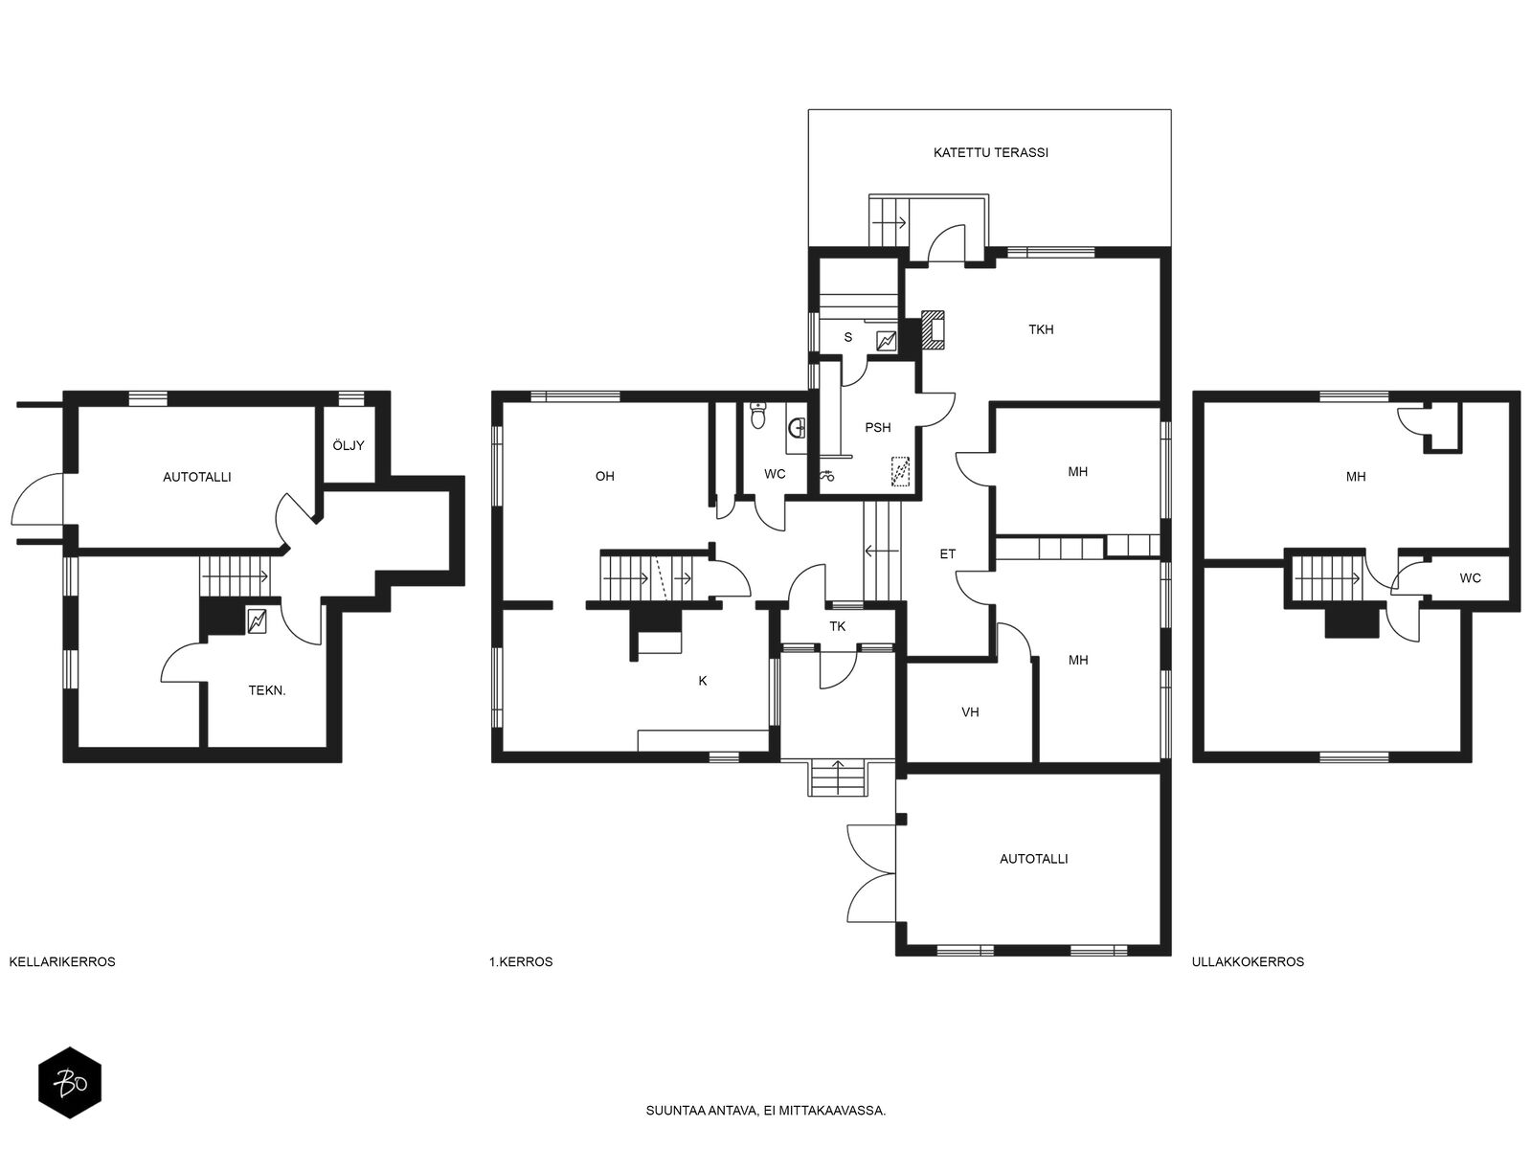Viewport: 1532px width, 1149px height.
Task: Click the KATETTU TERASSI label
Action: pos(990,153)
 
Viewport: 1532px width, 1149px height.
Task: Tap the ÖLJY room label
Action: pos(349,445)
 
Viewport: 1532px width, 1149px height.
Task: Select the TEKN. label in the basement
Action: pos(267,690)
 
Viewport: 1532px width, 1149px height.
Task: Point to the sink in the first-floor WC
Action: pos(796,425)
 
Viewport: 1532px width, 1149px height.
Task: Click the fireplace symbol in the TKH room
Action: pos(934,329)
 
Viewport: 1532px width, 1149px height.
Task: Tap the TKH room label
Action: pos(1041,329)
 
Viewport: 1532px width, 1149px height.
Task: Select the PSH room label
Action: pos(878,428)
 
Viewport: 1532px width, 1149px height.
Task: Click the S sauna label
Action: pos(848,338)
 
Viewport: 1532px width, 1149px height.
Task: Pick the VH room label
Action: pos(970,712)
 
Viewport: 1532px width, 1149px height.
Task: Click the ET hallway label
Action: pos(947,554)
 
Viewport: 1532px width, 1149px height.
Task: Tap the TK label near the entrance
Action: pos(838,626)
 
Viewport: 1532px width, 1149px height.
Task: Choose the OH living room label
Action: pos(604,477)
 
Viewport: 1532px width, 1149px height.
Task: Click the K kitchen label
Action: pos(703,681)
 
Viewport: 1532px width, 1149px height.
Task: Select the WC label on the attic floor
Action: pos(1470,578)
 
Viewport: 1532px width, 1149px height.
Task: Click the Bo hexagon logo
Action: pos(70,1084)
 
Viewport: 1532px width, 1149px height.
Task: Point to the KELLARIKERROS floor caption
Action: pos(62,962)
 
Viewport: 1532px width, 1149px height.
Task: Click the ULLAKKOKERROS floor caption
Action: pos(1248,962)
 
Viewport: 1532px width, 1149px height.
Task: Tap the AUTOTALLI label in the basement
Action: pos(197,477)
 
